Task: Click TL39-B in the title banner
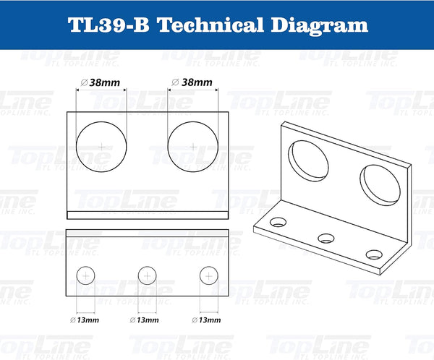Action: coord(108,25)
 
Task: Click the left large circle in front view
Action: coord(101,147)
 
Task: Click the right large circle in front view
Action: coord(193,147)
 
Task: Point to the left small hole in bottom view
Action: coord(85,275)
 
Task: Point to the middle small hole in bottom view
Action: coord(147,275)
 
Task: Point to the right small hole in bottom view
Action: coord(208,275)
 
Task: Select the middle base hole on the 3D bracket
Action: coord(327,237)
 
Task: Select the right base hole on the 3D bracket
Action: coord(373,254)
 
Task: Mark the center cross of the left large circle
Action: coord(101,147)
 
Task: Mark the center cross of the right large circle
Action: coord(193,147)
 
